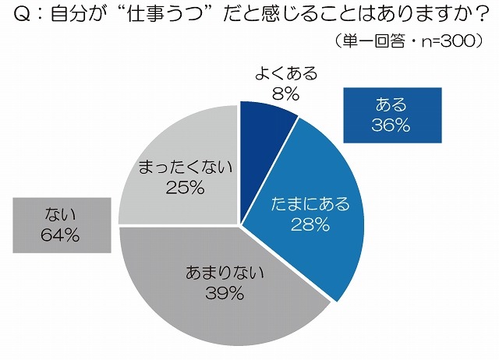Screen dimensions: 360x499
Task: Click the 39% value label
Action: coord(227,293)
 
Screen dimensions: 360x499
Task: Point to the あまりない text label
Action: coord(227,273)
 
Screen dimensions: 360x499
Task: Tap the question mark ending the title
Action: coord(472,16)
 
